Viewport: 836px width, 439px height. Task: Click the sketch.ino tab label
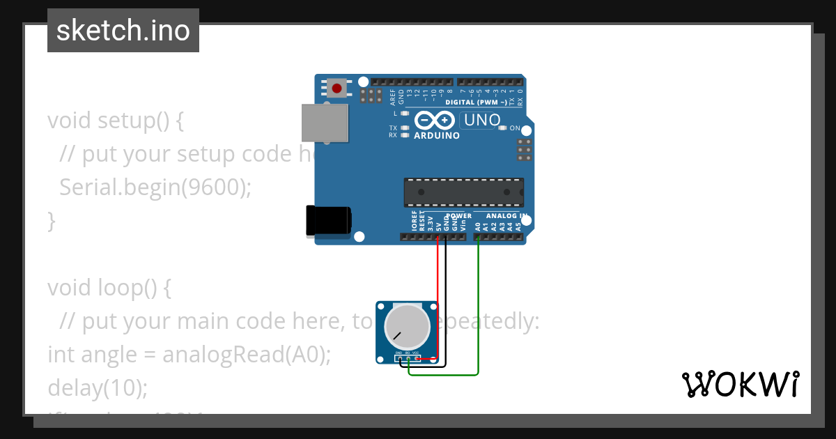click(x=123, y=31)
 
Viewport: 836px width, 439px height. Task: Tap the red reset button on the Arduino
click(x=338, y=88)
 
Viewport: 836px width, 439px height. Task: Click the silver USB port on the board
click(x=324, y=123)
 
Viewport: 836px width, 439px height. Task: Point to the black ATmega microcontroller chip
click(x=463, y=192)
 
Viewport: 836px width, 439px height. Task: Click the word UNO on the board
click(x=482, y=120)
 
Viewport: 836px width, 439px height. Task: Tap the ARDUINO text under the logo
click(x=437, y=135)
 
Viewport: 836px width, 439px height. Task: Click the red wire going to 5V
click(x=438, y=293)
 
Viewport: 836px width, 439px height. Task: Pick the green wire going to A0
click(x=479, y=307)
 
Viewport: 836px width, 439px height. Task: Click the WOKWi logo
click(x=740, y=384)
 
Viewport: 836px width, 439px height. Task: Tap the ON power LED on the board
click(x=503, y=128)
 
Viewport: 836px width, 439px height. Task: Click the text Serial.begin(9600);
click(x=155, y=187)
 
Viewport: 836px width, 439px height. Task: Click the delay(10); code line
click(x=98, y=387)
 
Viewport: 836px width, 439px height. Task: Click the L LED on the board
click(x=405, y=113)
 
